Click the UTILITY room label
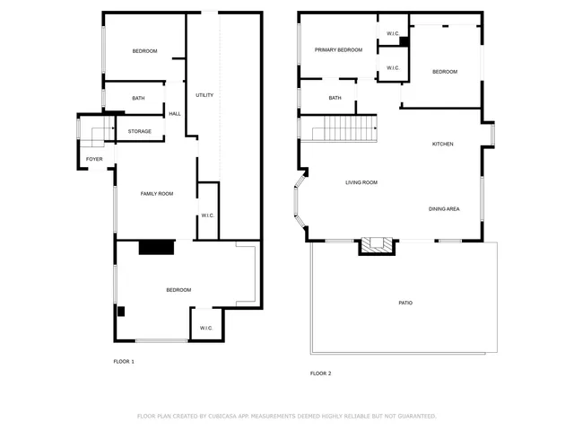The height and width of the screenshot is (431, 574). (x=204, y=95)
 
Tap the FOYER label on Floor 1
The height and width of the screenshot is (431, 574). (x=94, y=160)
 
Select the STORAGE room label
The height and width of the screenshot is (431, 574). (x=139, y=132)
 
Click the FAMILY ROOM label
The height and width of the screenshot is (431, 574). (x=156, y=194)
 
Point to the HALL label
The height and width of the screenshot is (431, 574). (x=175, y=114)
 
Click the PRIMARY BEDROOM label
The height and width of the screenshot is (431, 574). (x=338, y=50)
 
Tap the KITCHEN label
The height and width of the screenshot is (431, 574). (x=443, y=145)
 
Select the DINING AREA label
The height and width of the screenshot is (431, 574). (x=444, y=209)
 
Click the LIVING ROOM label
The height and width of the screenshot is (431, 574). (x=361, y=183)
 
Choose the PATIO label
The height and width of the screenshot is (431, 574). (x=405, y=303)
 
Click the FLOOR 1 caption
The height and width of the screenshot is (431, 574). (x=124, y=361)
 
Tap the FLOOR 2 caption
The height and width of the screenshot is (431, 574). (x=321, y=373)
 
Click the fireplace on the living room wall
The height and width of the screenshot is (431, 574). (x=377, y=245)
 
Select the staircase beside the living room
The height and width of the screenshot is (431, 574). (x=344, y=128)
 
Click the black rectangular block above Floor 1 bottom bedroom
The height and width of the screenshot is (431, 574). (x=156, y=248)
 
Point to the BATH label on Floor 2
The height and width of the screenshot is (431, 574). (x=335, y=98)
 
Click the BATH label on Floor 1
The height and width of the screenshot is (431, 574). (x=138, y=99)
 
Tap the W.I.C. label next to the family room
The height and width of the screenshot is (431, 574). (x=206, y=215)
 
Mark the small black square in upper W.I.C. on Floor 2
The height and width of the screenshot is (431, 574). (x=404, y=41)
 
